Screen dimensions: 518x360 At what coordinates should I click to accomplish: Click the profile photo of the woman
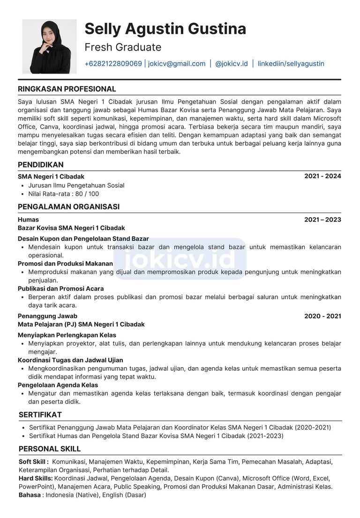49,46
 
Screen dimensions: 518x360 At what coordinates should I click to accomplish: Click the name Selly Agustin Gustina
165,29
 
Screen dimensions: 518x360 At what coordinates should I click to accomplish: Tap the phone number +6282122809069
113,64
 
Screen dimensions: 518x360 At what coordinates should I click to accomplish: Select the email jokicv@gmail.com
177,64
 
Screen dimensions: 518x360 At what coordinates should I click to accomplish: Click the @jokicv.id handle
231,64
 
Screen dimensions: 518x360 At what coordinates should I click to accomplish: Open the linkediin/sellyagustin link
291,64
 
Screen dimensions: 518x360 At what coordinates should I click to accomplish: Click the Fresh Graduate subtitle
123,47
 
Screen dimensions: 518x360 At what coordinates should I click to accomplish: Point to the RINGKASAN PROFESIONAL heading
67,89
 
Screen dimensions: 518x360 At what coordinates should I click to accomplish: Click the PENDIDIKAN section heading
41,165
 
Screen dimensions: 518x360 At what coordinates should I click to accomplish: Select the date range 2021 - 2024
322,176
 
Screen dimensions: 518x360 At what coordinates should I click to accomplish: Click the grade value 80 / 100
87,194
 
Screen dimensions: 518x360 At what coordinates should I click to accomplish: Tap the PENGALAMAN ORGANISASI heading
68,207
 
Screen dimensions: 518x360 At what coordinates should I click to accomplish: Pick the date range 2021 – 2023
322,220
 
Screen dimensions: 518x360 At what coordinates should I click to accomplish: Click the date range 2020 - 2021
322,316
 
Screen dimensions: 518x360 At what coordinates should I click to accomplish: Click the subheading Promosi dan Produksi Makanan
65,264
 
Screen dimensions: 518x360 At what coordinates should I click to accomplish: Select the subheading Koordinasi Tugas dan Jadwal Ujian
70,360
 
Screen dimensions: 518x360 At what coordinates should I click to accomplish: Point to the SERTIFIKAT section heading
40,414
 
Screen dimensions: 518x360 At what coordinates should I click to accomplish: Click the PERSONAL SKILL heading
50,449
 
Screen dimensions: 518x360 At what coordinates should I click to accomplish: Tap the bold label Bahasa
30,495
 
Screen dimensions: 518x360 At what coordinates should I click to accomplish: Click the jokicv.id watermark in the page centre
180,259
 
